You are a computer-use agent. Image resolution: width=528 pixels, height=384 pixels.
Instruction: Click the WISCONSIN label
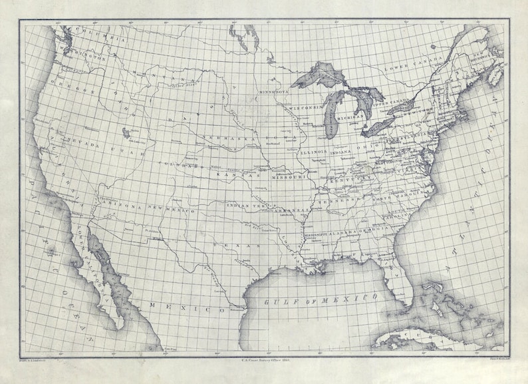pyautogui.click(x=305, y=108)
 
